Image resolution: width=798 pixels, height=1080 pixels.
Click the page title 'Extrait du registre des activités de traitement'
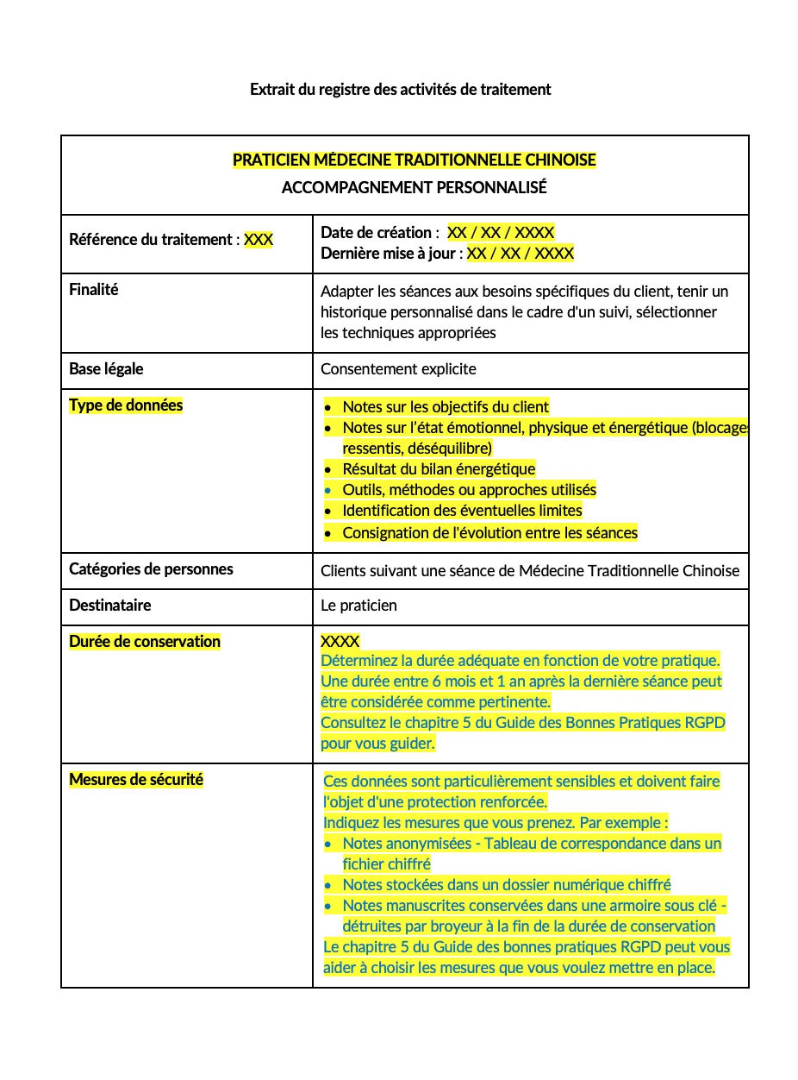click(x=400, y=89)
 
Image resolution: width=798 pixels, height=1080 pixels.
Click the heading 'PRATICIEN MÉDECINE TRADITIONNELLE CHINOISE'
click(x=414, y=160)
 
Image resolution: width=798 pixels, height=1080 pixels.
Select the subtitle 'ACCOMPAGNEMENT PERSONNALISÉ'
click(x=414, y=187)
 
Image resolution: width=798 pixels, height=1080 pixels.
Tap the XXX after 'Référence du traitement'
click(x=259, y=240)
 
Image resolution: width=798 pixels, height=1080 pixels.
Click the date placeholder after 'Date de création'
click(x=501, y=232)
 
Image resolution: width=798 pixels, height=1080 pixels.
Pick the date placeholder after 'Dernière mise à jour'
click(x=521, y=253)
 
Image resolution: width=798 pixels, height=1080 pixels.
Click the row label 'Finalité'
click(x=94, y=290)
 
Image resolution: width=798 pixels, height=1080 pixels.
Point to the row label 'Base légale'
click(x=106, y=369)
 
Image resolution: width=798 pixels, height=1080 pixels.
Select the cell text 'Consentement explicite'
click(x=398, y=369)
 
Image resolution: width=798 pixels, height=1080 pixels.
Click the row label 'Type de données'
click(x=126, y=405)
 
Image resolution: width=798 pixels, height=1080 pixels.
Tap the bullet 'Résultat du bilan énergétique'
click(x=439, y=469)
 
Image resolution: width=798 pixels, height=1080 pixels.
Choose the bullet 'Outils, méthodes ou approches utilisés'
click(x=469, y=490)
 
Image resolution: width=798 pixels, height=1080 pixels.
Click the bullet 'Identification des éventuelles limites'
click(x=462, y=511)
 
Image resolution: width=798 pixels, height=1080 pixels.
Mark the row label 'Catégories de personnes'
click(x=151, y=569)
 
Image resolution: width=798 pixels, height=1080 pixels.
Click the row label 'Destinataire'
click(x=109, y=606)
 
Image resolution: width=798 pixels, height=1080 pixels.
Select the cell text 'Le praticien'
click(x=358, y=606)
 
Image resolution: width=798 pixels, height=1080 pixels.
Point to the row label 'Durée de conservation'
click(x=145, y=642)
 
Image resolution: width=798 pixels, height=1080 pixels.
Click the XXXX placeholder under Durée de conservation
click(x=340, y=642)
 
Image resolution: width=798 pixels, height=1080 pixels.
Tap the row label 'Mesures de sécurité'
click(x=136, y=780)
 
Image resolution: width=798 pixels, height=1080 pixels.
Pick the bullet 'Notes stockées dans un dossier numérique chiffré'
click(x=506, y=885)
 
